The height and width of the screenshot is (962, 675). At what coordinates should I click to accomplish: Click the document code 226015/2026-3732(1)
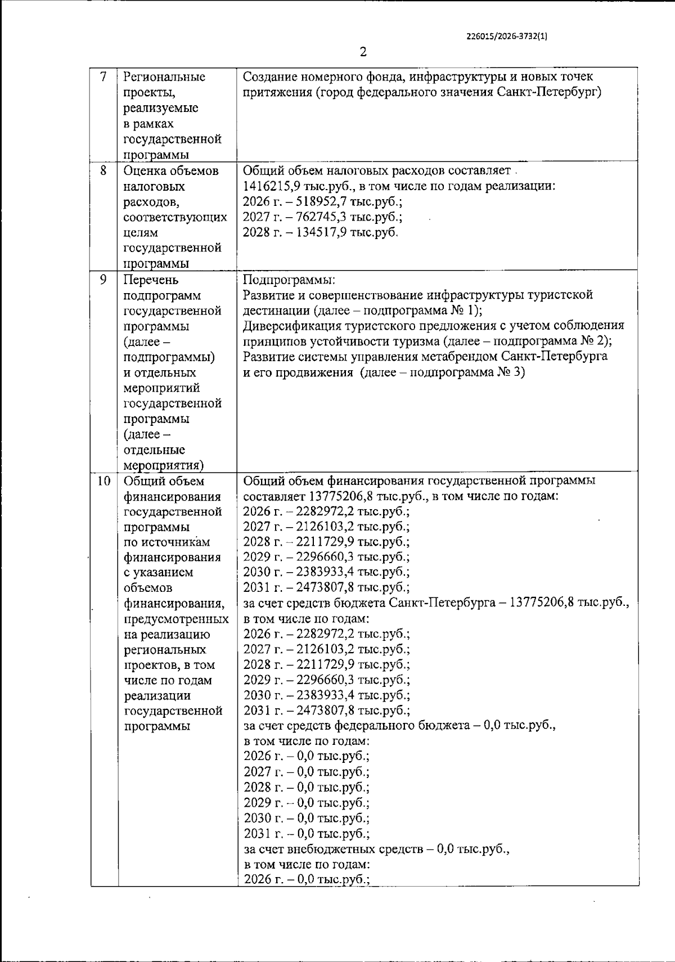coord(507,35)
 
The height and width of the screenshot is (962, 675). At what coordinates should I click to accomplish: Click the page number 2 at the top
coord(363,52)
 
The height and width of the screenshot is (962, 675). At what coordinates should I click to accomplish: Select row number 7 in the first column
coord(103,77)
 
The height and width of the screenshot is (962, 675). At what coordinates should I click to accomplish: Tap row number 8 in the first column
coord(103,170)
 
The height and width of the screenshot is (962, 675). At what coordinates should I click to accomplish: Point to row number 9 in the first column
coord(103,279)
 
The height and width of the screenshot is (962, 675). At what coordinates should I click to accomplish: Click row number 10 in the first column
coord(103,482)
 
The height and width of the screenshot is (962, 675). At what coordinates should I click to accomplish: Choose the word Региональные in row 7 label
coord(164,77)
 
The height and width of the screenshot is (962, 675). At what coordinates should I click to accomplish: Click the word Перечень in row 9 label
coord(151,280)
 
